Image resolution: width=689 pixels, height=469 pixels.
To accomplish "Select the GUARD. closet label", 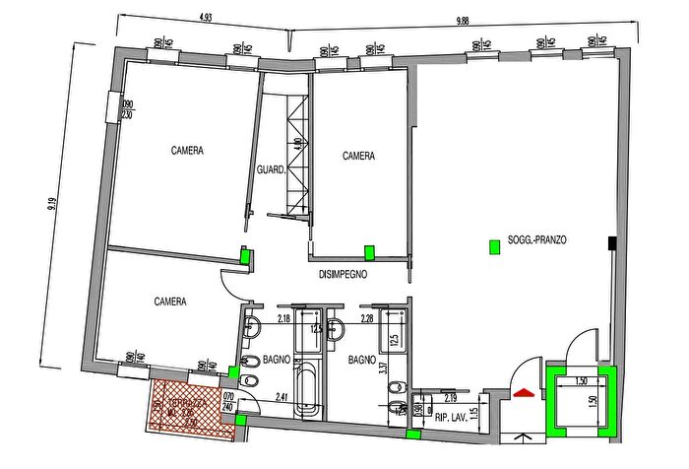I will tap(271, 169).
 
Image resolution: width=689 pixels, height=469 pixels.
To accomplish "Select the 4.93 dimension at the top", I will tap(207, 17).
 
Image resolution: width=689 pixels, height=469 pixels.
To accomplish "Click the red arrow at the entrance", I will tap(525, 392).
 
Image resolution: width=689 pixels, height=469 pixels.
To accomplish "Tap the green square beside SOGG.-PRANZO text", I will tap(494, 247).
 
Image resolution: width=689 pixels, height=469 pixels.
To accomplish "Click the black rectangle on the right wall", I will tap(612, 242).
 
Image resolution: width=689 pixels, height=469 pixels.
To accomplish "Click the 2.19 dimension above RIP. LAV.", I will tap(449, 399).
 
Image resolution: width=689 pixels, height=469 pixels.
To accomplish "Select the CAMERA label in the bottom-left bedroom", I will tap(170, 302).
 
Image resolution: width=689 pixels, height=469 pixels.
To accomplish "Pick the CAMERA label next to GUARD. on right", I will tap(359, 156).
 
